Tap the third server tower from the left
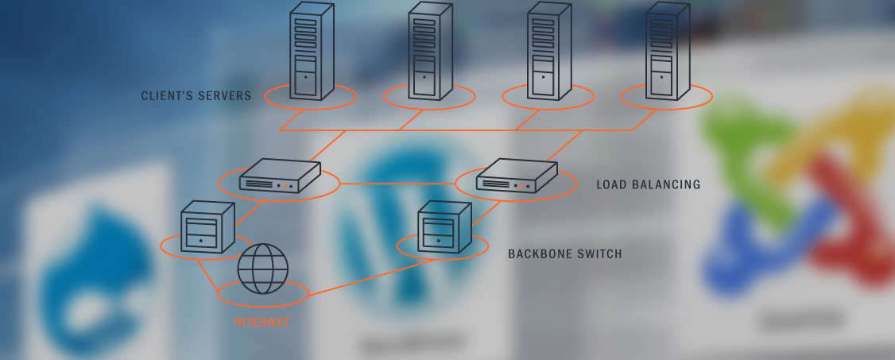[548, 52]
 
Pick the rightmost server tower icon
[666, 52]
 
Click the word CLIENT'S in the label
[168, 96]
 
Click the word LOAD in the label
[612, 184]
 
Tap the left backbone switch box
[206, 226]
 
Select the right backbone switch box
[443, 226]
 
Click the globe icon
[262, 269]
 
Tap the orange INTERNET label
[262, 323]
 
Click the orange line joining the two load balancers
[397, 184]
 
